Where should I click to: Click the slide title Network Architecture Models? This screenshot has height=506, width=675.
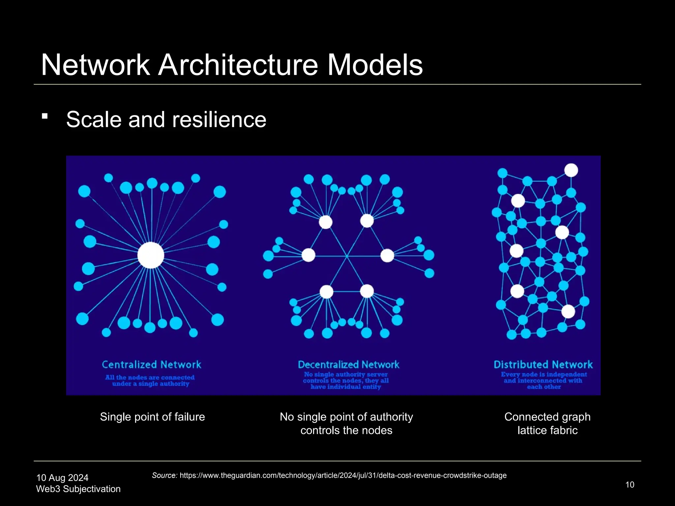tap(232, 65)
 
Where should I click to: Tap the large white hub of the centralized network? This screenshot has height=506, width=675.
tap(151, 255)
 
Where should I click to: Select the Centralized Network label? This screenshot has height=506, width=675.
tap(151, 365)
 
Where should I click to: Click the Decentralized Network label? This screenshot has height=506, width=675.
tap(348, 365)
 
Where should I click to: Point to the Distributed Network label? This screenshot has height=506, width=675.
tap(543, 365)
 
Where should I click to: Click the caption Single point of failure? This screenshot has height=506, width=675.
tap(152, 417)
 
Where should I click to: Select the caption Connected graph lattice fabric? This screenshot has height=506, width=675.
tap(547, 423)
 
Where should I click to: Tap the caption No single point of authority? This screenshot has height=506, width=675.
tap(346, 417)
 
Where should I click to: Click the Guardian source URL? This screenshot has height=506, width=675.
tap(343, 475)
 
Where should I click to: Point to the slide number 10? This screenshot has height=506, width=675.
tap(630, 485)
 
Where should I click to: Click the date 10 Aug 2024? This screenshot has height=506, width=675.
tap(62, 478)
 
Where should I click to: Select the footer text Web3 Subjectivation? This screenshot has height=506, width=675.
tap(78, 489)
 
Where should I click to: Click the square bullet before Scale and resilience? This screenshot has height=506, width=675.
tap(45, 116)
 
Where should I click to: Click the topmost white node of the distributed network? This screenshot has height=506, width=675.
tap(571, 170)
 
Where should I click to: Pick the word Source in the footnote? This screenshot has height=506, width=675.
tap(164, 475)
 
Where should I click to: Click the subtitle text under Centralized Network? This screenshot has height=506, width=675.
tap(150, 380)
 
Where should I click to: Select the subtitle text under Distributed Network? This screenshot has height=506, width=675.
tap(544, 380)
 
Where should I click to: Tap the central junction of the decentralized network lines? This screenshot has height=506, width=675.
tap(347, 256)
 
